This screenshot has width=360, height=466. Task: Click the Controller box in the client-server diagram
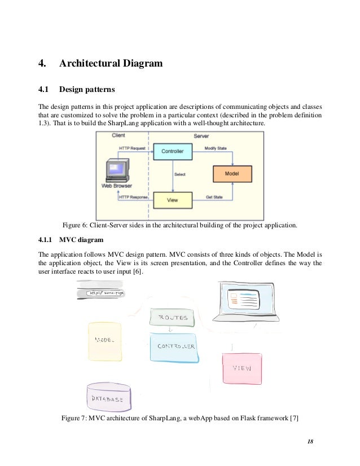tap(173, 151)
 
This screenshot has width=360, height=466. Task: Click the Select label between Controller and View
tap(181, 174)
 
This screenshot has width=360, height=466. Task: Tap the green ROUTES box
tap(172, 318)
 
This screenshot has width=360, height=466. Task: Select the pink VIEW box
tap(242, 368)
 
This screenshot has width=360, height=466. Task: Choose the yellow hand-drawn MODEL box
tap(106, 341)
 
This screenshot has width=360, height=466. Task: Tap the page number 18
tap(310, 440)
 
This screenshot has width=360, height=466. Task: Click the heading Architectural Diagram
tap(111, 63)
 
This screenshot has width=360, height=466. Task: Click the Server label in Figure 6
tap(201, 136)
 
